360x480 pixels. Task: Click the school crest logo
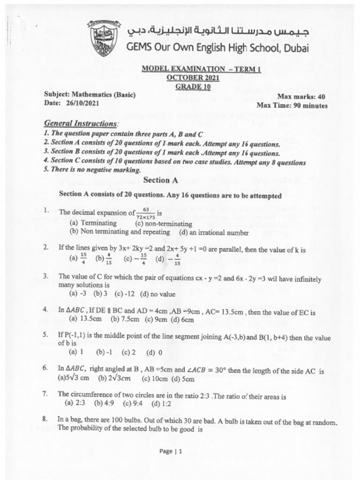[104, 39]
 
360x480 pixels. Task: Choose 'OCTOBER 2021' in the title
[193, 78]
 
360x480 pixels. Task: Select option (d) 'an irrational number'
[214, 232]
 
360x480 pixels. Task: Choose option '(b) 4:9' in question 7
[105, 403]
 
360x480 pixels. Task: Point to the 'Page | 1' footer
[170, 451]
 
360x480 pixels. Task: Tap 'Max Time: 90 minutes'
[292, 105]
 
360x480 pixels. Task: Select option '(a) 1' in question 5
[76, 352]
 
